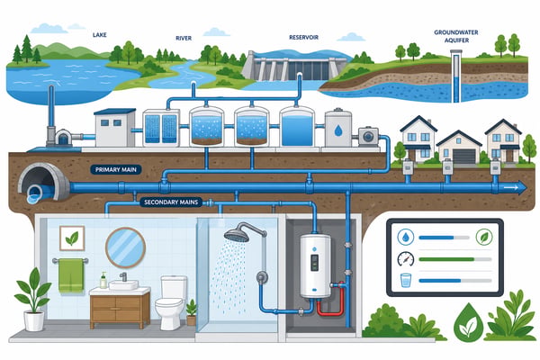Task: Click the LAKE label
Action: click(x=100, y=35)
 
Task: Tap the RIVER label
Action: click(x=184, y=38)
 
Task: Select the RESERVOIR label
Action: click(x=304, y=37)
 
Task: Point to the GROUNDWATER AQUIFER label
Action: click(x=456, y=36)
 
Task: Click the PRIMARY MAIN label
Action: click(x=116, y=169)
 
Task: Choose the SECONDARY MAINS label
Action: click(x=171, y=202)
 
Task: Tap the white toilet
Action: click(x=171, y=301)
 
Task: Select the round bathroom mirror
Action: click(x=125, y=247)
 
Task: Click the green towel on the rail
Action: click(x=71, y=276)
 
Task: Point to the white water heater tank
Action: click(x=315, y=266)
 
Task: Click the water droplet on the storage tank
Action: click(x=338, y=130)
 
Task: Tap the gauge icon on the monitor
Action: click(x=405, y=259)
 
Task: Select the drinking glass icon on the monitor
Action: click(x=406, y=280)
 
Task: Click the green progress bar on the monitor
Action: click(x=446, y=259)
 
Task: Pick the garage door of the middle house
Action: click(x=463, y=157)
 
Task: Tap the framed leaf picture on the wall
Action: click(x=72, y=238)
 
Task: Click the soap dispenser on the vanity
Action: click(x=103, y=280)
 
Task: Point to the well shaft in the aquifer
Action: click(x=456, y=76)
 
